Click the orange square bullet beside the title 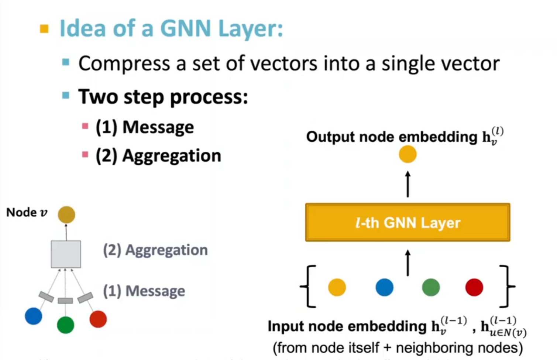(44, 28)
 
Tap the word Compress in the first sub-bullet (124, 64)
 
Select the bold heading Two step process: (163, 97)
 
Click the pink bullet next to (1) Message (85, 126)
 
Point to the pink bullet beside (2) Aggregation (85, 154)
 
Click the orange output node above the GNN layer (408, 154)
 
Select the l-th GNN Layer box (408, 223)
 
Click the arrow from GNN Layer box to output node (408, 184)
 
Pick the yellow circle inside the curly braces (337, 287)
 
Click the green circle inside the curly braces (431, 287)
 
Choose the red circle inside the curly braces (474, 287)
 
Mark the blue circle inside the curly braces (384, 287)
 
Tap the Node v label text (27, 213)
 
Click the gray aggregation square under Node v (66, 254)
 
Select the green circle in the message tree (65, 325)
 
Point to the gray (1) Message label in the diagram (144, 291)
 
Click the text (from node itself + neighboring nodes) (398, 347)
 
